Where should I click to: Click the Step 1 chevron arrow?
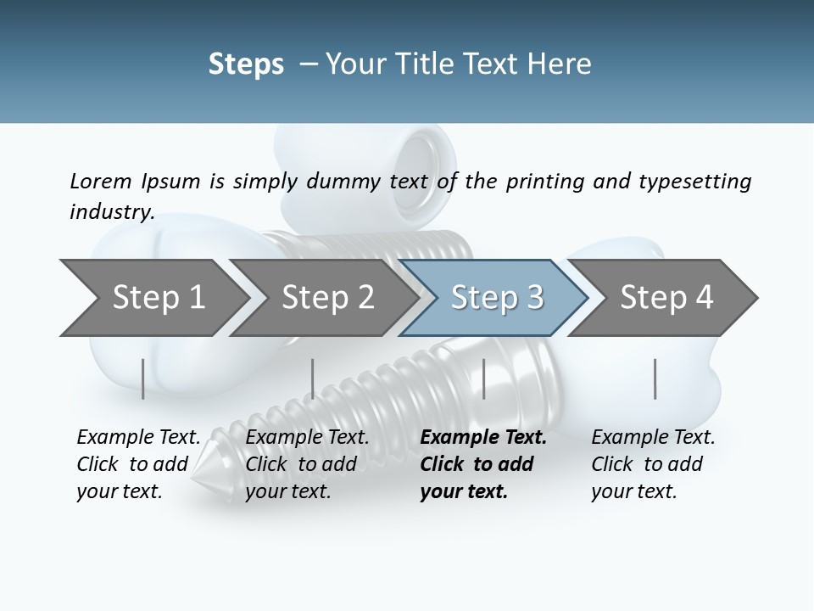158,298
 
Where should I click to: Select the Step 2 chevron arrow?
327,298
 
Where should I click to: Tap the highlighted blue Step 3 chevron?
497,298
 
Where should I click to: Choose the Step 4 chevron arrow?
666,298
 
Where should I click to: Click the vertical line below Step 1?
143,378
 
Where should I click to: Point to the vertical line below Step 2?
313,378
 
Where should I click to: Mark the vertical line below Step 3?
484,378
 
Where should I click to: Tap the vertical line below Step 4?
655,378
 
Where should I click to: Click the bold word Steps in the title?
246,64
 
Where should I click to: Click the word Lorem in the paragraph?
101,181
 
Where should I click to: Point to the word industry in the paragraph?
112,212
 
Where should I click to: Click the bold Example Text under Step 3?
483,438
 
